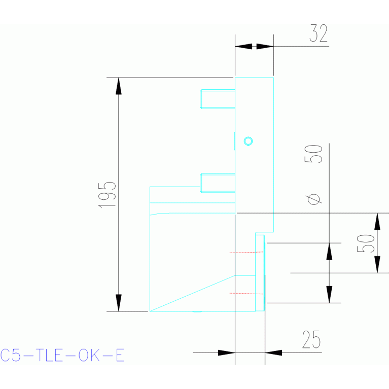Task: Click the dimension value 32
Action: coord(319,33)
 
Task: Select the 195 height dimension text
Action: coord(107,195)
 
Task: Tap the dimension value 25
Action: coord(311,339)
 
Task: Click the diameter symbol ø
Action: coord(313,199)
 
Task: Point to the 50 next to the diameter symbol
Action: coord(313,154)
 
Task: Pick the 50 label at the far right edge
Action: coord(366,243)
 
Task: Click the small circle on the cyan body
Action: coord(248,141)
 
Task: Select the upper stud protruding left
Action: coord(218,99)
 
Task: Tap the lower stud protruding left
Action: coord(218,183)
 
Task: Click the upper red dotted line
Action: coord(246,252)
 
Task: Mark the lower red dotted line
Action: coord(246,294)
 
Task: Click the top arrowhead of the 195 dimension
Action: coord(119,86)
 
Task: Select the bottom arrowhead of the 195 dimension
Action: coord(119,303)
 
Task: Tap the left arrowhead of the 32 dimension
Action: coord(243,46)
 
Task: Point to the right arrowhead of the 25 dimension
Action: coord(273,352)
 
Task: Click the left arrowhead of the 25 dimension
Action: coord(227,352)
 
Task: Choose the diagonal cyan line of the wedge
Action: coord(193,293)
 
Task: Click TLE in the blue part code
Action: coord(49,355)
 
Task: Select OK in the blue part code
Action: coord(89,355)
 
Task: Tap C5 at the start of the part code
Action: coord(11,355)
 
